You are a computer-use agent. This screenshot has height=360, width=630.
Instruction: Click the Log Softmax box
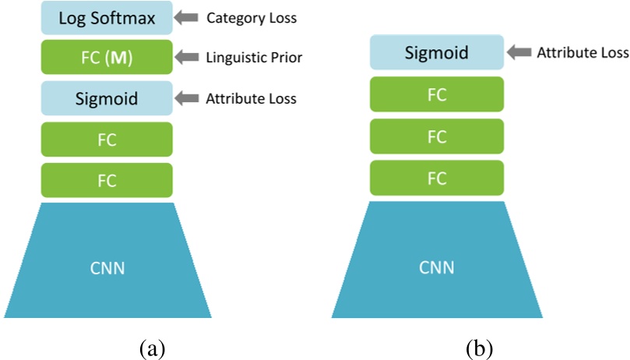coord(107,17)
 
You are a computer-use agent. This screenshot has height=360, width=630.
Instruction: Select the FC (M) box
coord(107,57)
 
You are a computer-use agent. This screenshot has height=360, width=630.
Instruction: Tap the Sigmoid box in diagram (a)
coord(107,99)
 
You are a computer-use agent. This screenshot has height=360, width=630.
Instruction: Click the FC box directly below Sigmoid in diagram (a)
coord(107,139)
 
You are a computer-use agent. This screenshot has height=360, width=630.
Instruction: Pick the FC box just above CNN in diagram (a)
coord(107,180)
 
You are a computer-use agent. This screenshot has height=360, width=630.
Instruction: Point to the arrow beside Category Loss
coord(188,16)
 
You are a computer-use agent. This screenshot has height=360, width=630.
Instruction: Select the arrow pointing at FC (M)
coord(188,57)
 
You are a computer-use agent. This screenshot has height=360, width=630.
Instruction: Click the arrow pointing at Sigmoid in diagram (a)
coord(188,99)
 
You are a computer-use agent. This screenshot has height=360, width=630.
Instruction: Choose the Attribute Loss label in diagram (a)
coord(251,99)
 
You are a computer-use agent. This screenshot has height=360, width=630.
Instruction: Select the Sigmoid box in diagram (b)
coord(437,53)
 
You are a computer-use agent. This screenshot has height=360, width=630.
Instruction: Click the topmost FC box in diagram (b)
coord(437,94)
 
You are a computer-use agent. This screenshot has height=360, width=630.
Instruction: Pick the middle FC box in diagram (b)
coord(437,136)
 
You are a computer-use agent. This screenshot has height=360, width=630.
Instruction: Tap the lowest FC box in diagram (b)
coord(437,178)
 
